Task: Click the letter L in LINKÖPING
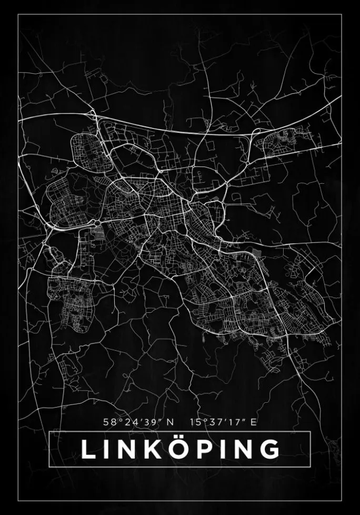tap(88, 449)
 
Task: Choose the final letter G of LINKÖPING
tap(269, 449)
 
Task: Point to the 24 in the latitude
tap(129, 422)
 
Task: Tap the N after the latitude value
tap(169, 422)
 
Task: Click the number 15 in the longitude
tap(196, 422)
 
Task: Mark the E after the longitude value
tap(254, 422)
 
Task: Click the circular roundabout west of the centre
tap(97, 223)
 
